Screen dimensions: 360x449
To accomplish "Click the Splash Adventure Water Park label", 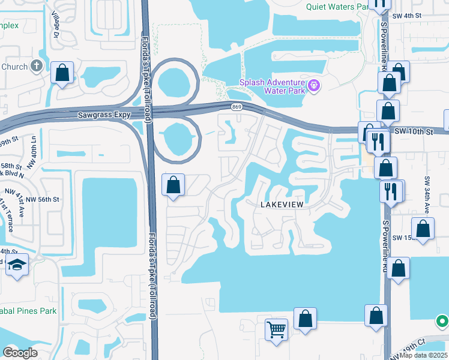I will pos(273,86).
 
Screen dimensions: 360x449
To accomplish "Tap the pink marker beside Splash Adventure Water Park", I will pos(314,86).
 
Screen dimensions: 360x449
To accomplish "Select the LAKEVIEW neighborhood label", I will pos(284,205).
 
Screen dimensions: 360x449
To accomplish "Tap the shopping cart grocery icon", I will pos(276,329).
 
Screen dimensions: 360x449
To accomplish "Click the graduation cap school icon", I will pos(17,265).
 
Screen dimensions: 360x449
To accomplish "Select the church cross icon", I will pos(37,66).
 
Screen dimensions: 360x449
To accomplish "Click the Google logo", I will pos(20,353).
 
